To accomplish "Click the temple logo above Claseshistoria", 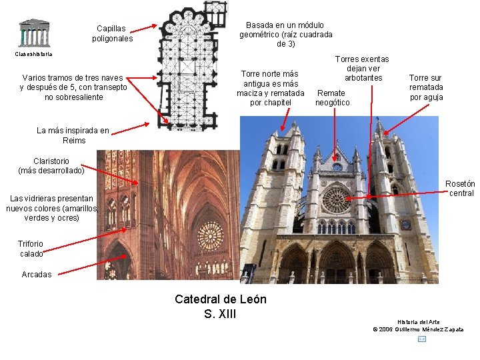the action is pyautogui.click(x=33, y=32).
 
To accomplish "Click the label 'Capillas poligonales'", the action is pyautogui.click(x=113, y=34).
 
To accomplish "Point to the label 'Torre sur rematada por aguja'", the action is pyautogui.click(x=426, y=87).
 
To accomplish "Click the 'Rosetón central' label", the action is pyautogui.click(x=461, y=189).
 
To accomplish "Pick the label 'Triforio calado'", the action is pyautogui.click(x=31, y=249).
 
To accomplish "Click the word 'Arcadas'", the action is pyautogui.click(x=36, y=275).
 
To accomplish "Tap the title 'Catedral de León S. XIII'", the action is pyautogui.click(x=220, y=306).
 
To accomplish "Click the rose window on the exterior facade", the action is pyautogui.click(x=336, y=199).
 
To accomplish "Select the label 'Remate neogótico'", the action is pyautogui.click(x=332, y=97).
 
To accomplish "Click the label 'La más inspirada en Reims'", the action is pyautogui.click(x=73, y=135).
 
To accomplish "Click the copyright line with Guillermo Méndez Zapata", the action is pyautogui.click(x=419, y=329).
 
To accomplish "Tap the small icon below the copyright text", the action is pyautogui.click(x=421, y=339).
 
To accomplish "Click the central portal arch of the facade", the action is pyautogui.click(x=335, y=263).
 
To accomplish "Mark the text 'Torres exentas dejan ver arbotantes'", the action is pyautogui.click(x=362, y=69).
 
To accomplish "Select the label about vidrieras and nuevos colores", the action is pyautogui.click(x=51, y=208).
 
